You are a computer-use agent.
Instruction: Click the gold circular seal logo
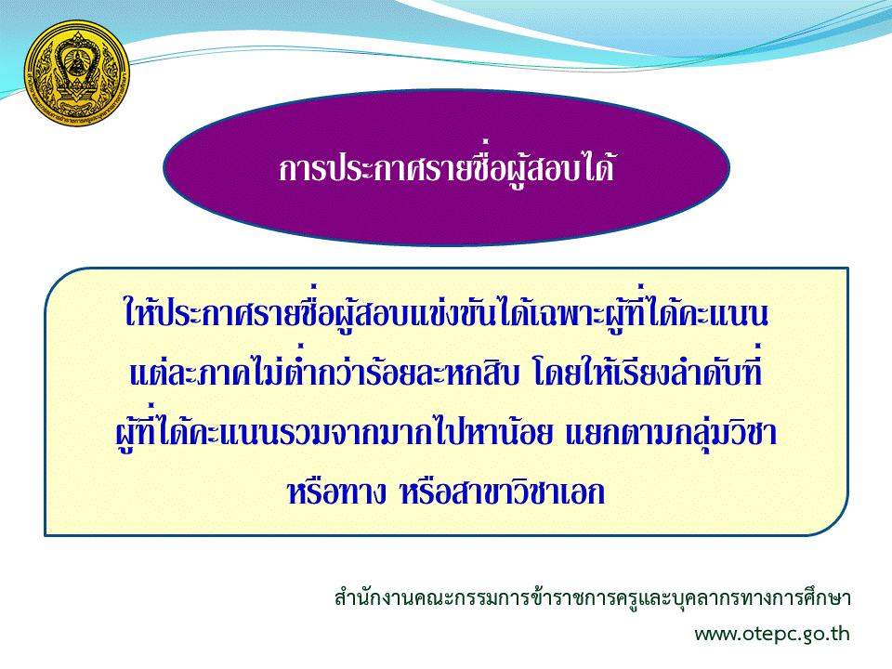[x=77, y=73]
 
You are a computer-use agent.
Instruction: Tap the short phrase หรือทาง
[x=336, y=492]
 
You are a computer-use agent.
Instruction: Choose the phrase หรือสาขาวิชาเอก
[x=503, y=492]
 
